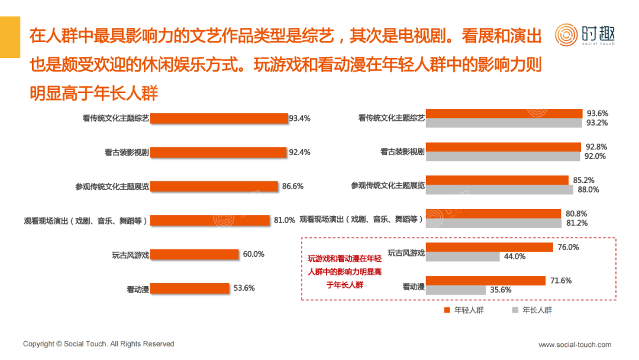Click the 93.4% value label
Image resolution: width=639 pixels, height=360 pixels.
(x=299, y=118)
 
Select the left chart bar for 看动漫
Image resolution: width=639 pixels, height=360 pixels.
(x=189, y=288)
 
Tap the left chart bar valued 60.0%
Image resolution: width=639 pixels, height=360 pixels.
(x=194, y=255)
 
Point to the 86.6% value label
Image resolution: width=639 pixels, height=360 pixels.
(x=293, y=186)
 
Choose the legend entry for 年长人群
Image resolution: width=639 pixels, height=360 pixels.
(x=532, y=310)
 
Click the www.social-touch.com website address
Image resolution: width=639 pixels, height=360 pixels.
(x=575, y=345)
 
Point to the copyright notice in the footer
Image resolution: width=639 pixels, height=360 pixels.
(x=99, y=344)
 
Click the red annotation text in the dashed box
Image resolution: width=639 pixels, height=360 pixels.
(x=345, y=272)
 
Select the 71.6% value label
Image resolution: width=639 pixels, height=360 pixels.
(x=561, y=281)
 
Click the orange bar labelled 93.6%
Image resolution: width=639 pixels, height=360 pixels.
(x=504, y=113)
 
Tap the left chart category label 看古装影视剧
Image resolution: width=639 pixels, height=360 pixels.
(x=127, y=152)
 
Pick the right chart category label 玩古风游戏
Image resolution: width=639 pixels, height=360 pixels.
(x=406, y=253)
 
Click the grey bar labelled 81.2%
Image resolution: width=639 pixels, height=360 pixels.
(x=493, y=223)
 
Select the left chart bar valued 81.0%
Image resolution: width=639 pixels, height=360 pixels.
(x=210, y=220)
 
